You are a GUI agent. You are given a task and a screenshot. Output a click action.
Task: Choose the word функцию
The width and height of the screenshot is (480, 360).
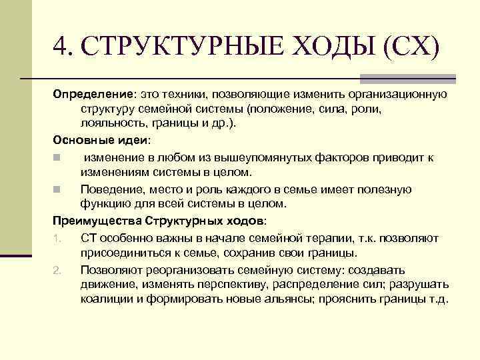pos(105,203)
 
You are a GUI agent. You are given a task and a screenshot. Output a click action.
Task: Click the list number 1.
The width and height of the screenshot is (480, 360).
pos(58,238)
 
